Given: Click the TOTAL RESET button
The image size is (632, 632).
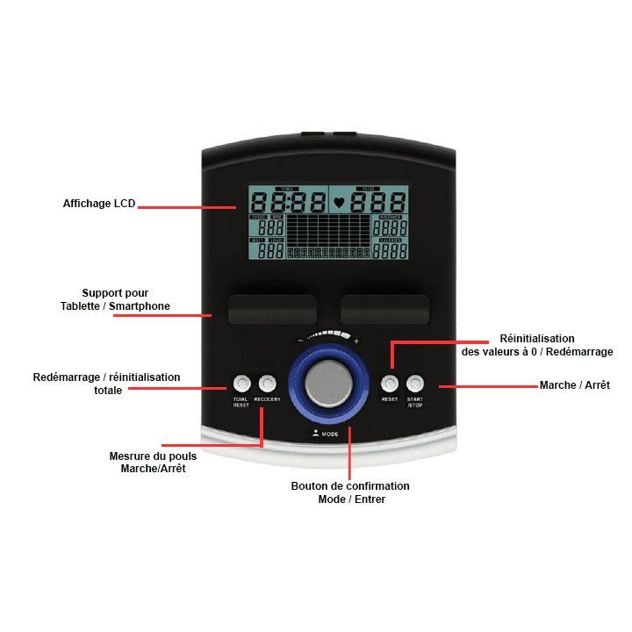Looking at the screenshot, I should click(x=241, y=384).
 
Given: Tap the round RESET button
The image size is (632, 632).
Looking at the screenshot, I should click(x=390, y=384).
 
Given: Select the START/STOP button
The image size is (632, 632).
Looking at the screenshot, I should click(x=415, y=384).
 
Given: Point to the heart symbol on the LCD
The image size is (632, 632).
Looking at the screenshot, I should click(x=340, y=202).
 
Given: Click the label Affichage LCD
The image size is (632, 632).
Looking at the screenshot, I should click(x=99, y=204).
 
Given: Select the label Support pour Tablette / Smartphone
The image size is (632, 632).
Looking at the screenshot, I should click(x=115, y=299).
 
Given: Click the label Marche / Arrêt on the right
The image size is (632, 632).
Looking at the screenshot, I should click(x=574, y=385).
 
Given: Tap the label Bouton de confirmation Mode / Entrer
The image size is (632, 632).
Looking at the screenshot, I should click(x=350, y=492).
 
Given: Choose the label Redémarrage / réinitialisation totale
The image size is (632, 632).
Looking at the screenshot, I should click(x=106, y=384).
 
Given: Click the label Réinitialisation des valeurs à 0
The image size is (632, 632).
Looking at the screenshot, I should click(x=537, y=345).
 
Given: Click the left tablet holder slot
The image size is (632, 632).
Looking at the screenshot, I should click(x=272, y=310).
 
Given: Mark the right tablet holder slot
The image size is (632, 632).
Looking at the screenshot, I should click(x=384, y=310).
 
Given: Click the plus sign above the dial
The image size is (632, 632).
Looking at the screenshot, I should click(x=355, y=341).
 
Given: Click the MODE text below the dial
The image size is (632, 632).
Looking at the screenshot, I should click(x=330, y=434).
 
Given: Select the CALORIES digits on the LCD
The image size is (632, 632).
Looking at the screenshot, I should click(x=391, y=251).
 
